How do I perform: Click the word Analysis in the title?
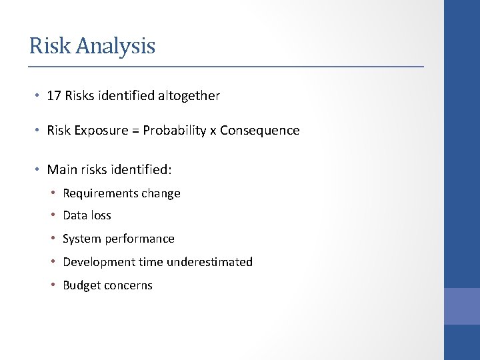coord(116,46)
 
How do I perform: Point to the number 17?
coord(54,96)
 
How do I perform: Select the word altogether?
coord(189,96)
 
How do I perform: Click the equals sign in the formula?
coord(135,131)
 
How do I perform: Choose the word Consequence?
coord(259,131)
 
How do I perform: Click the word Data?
coord(75,215)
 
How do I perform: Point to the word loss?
coord(101,215)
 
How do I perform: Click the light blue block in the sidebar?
coord(462,306)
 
